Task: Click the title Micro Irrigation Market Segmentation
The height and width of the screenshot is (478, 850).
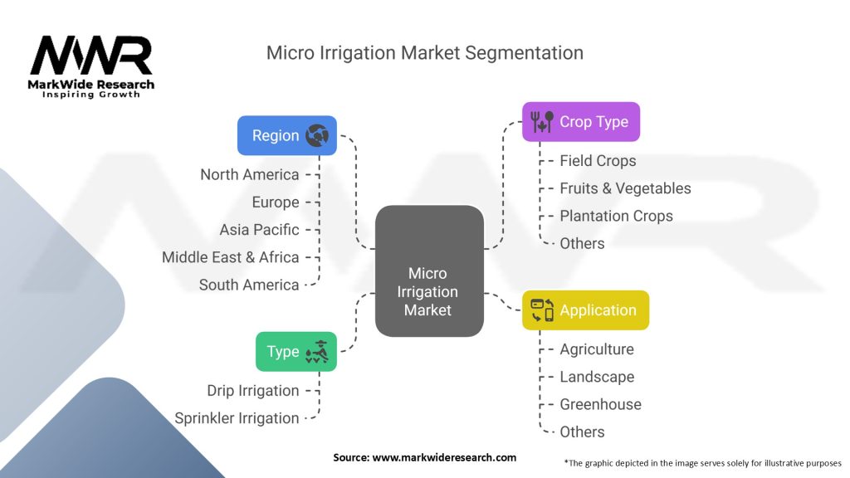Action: point(424,53)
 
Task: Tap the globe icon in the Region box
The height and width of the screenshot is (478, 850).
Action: point(317,135)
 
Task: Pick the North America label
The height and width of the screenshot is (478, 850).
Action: point(249,174)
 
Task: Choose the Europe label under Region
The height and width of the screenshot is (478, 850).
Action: point(276,202)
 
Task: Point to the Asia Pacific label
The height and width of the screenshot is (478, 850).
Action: point(259,230)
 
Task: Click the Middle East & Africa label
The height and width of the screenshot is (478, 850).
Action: point(230,257)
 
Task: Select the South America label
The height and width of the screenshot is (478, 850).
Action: point(249,285)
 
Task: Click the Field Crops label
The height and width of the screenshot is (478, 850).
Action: point(598,161)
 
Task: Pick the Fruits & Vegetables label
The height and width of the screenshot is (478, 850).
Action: point(625,188)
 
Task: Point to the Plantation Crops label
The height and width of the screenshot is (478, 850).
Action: point(616,216)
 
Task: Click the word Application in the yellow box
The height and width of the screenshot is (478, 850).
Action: point(598,310)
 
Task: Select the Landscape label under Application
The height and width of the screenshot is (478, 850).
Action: point(597,377)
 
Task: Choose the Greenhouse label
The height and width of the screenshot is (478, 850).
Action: point(600,404)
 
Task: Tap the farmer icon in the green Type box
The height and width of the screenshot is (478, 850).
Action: point(318,352)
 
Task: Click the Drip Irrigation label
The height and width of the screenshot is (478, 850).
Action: point(252,390)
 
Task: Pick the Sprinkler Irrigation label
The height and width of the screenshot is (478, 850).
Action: point(237,418)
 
